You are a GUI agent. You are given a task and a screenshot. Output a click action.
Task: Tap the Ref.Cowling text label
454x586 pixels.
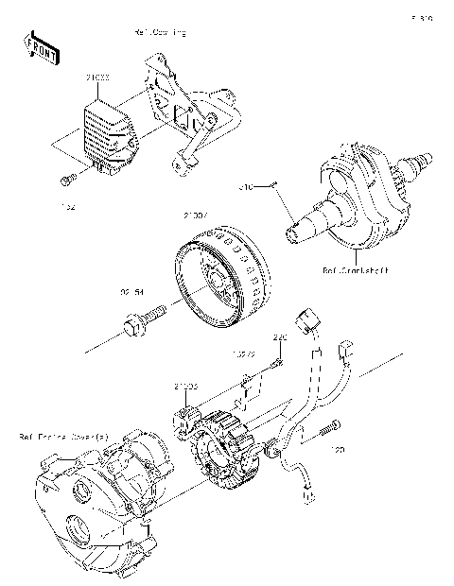click(160, 33)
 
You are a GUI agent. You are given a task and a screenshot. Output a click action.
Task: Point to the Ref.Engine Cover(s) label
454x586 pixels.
click(62, 437)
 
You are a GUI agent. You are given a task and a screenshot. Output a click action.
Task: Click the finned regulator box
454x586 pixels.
click(109, 132)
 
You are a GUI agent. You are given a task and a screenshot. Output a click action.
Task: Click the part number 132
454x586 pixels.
click(68, 204)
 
